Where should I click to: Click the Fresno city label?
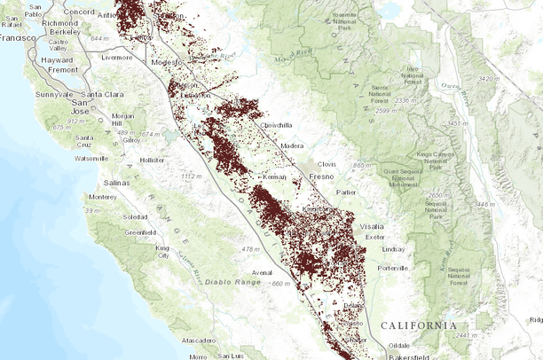(346, 177)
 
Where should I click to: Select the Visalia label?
(372, 226)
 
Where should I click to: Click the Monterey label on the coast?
(103, 197)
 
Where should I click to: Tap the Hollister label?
(152, 160)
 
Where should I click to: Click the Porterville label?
(392, 267)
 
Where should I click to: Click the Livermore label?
(116, 57)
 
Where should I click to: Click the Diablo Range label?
(234, 282)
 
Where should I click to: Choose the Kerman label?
(275, 177)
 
